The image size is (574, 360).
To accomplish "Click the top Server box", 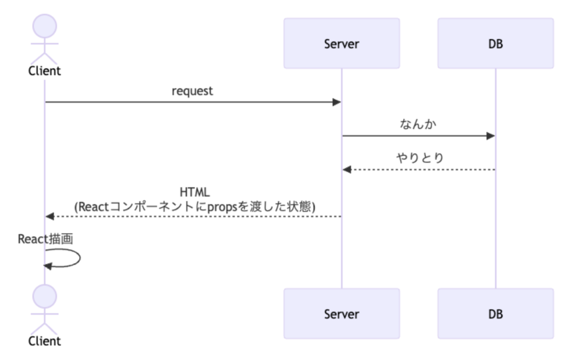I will click(342, 44).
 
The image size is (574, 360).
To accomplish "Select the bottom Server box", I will click(342, 314).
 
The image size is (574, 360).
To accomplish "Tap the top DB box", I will click(496, 44).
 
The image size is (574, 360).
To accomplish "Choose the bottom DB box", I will click(496, 314).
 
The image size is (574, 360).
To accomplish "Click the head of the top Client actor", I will click(44, 26).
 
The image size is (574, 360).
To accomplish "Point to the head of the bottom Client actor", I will click(44, 296).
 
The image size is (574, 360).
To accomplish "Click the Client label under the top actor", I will click(44, 71).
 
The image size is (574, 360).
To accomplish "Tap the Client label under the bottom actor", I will click(44, 341).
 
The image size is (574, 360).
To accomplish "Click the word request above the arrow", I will click(192, 91).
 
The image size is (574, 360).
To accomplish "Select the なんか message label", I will click(419, 124).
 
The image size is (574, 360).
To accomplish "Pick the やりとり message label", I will click(419, 158).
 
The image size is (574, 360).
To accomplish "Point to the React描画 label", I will click(45, 239).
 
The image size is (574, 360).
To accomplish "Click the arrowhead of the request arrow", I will click(337, 102).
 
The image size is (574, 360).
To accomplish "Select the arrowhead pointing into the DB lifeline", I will click(490, 136).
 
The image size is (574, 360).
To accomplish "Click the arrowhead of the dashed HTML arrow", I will click(50, 217).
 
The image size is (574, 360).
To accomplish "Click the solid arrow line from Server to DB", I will click(416, 136).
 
